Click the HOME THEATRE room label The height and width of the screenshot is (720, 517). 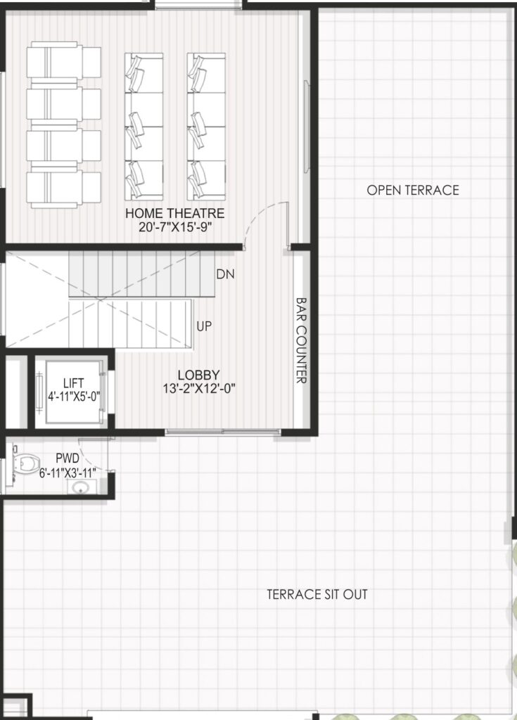[x=174, y=213]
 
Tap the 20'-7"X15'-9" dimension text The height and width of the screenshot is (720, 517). [x=175, y=227]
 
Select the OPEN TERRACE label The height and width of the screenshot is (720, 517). [x=413, y=190]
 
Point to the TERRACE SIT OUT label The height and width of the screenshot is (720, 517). [x=317, y=594]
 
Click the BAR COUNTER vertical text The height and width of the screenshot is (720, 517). [x=301, y=340]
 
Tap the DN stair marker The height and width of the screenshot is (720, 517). [x=225, y=274]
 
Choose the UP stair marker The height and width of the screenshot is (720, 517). [x=204, y=326]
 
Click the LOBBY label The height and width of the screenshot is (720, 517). [x=198, y=375]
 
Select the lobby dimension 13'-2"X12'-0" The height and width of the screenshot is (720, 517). [x=199, y=388]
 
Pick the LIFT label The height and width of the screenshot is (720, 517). [x=74, y=382]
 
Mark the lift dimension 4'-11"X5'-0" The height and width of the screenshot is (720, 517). [x=74, y=397]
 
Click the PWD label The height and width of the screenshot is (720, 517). [x=67, y=458]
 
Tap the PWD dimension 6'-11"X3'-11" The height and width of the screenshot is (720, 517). [x=67, y=472]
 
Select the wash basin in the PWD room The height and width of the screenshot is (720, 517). [x=82, y=487]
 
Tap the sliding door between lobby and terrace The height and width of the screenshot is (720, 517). [x=222, y=432]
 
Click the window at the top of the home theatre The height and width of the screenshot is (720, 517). [x=198, y=4]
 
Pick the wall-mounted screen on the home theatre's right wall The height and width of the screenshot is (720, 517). [x=306, y=127]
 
